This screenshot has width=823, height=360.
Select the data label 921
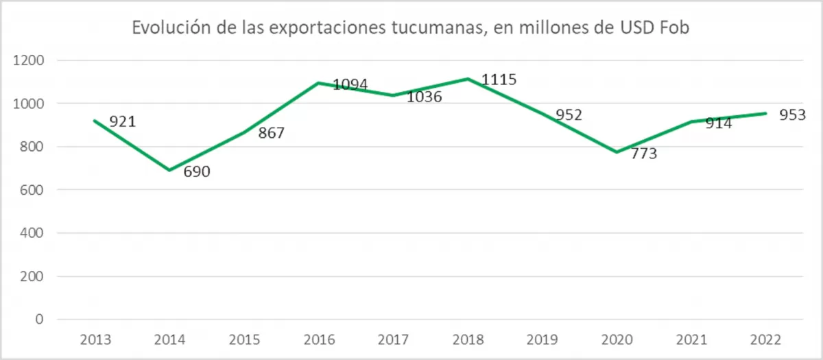(x=123, y=122)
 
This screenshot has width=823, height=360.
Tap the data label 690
(x=196, y=171)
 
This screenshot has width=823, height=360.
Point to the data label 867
(x=271, y=133)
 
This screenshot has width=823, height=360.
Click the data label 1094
(x=350, y=85)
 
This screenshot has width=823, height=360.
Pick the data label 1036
(x=425, y=97)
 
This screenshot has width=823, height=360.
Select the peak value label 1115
(x=499, y=80)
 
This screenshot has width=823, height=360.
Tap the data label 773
(x=644, y=154)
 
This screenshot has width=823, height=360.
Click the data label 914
(x=719, y=123)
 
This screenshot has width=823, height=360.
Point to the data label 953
(x=793, y=115)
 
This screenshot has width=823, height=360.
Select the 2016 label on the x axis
(x=318, y=339)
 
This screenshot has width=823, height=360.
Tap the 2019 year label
(x=542, y=339)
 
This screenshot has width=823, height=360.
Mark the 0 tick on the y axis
(x=39, y=320)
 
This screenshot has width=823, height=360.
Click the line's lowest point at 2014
(x=169, y=170)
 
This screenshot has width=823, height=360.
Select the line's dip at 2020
(x=617, y=152)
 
